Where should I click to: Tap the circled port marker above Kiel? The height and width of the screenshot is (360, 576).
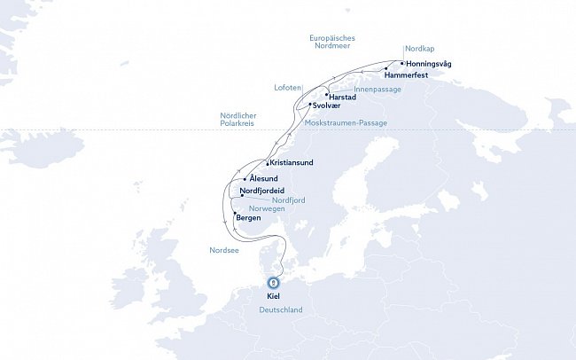point(273,283)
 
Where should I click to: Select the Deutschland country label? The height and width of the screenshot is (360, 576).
point(281,310)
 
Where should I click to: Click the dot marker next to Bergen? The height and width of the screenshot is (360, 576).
point(234,215)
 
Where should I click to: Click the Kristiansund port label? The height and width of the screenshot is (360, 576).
point(292,163)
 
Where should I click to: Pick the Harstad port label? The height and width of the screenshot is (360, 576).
point(342,96)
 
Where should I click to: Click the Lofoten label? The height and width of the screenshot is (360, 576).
point(288,87)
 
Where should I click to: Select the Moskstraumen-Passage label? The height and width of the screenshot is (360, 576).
point(346,123)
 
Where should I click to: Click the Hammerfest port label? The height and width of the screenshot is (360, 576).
point(408,75)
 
